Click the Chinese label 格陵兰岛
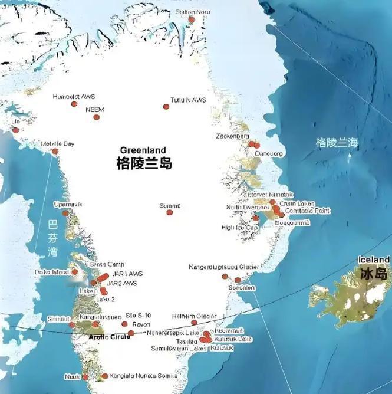tap(144, 163)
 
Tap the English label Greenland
tap(143, 150)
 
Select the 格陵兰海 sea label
tap(337, 143)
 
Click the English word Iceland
tap(374, 260)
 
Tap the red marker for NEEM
tap(97, 117)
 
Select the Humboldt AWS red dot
tap(74, 104)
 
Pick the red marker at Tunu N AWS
tap(166, 107)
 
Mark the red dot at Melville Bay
tap(55, 152)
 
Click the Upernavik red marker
tap(65, 213)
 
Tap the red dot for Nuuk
tap(85, 376)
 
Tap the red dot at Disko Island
tap(75, 272)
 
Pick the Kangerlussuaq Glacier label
tap(223, 267)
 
